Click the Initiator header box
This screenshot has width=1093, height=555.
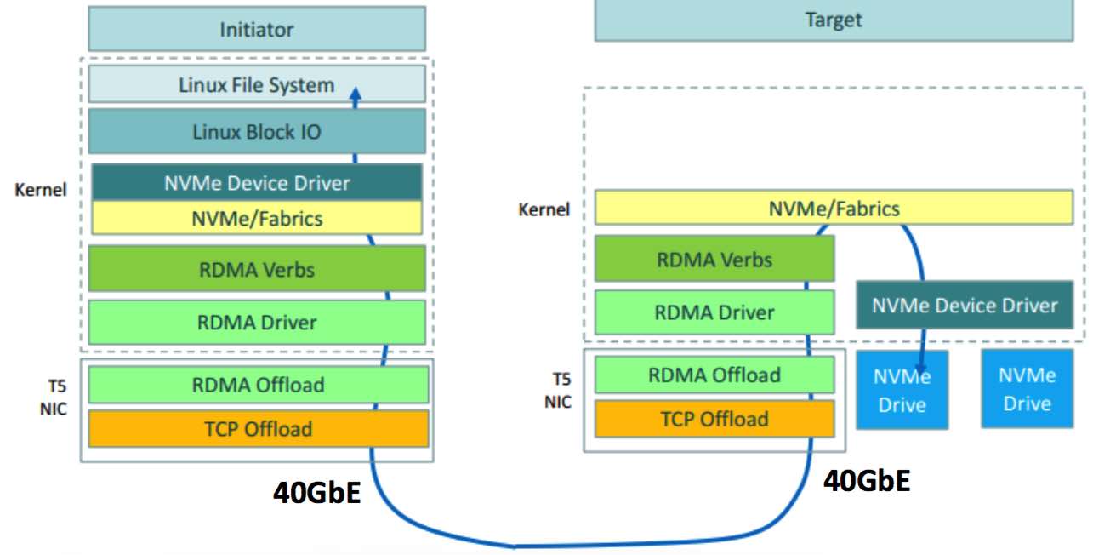(x=256, y=30)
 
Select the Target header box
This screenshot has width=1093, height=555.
(x=833, y=20)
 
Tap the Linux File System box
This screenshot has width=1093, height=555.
(x=256, y=84)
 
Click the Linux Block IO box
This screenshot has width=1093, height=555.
(x=256, y=132)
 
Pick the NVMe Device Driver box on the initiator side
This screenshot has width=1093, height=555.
(x=256, y=182)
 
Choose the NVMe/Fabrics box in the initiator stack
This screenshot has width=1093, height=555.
(x=256, y=218)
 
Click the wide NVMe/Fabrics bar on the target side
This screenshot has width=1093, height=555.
(x=833, y=208)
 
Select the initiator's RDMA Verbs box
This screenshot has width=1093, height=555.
(x=256, y=269)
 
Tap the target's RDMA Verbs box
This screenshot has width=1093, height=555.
(x=714, y=259)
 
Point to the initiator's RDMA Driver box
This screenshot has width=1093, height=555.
(x=256, y=322)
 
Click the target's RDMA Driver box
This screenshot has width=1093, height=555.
(x=714, y=312)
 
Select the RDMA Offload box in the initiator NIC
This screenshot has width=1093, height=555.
(x=258, y=384)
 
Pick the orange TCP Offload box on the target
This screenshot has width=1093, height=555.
(x=714, y=418)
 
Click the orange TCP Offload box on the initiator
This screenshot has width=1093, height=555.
(x=258, y=429)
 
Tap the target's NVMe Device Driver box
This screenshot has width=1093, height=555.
(x=964, y=306)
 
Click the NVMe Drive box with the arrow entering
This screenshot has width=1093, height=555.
(x=902, y=390)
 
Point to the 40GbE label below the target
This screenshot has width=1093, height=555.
(x=866, y=482)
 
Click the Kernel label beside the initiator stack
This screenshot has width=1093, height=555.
(x=40, y=189)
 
